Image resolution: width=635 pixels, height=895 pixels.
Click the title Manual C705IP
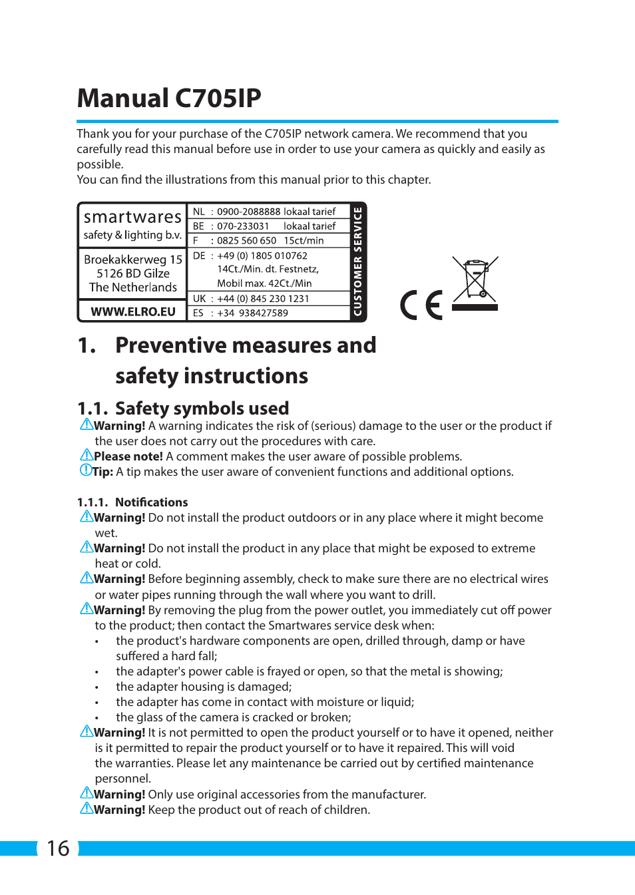[x=169, y=98]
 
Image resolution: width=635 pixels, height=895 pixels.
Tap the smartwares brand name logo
[x=132, y=217]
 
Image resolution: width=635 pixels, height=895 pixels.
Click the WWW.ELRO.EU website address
[x=133, y=311]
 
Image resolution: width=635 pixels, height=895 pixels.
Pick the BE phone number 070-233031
[x=243, y=226]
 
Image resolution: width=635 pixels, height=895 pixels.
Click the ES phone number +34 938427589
[x=252, y=313]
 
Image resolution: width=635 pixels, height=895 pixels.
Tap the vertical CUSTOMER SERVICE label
[x=358, y=262]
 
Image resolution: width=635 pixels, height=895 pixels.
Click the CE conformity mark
[x=421, y=305]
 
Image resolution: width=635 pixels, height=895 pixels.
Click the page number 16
[x=58, y=848]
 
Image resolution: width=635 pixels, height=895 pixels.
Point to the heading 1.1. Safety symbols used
[x=183, y=408]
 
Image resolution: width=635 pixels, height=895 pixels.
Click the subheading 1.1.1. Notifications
[x=132, y=502]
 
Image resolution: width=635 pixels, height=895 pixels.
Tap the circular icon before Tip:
[x=85, y=470]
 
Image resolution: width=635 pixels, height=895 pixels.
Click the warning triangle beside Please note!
[x=87, y=455]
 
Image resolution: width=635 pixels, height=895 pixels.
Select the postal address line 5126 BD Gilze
[x=133, y=273]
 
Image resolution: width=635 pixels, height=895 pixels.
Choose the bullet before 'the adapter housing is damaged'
[x=97, y=687]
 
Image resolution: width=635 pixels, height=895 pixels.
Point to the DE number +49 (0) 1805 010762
[x=262, y=256]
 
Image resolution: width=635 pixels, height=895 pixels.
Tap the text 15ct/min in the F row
[x=304, y=241]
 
